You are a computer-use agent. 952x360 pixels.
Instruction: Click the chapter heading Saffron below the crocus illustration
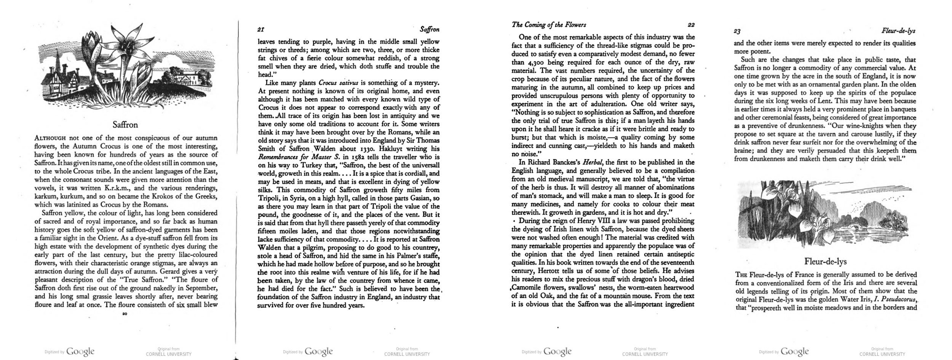(125, 125)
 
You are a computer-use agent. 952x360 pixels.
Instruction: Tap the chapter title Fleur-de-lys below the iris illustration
(825, 261)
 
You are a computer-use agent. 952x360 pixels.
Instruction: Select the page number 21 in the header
(261, 29)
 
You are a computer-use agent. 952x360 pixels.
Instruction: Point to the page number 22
(691, 25)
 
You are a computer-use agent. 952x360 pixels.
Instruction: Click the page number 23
(737, 31)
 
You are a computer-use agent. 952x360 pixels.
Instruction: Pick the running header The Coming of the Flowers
(549, 25)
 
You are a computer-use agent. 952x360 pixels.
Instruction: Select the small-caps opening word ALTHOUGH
(50, 138)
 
